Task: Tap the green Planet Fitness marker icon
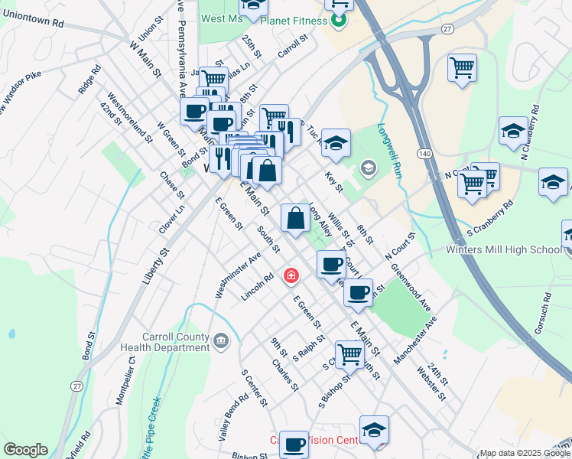tap(340, 20)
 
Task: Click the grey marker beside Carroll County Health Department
tap(221, 340)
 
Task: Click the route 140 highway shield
tap(424, 154)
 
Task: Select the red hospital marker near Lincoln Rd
tap(291, 275)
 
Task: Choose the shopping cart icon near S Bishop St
tap(349, 353)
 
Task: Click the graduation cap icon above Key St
tap(335, 142)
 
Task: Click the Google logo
tap(24, 450)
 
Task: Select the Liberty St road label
tap(154, 266)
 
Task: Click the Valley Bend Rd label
tap(234, 416)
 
